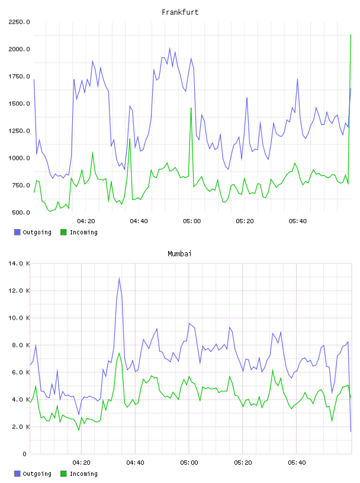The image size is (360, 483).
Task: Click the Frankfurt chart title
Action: click(180, 12)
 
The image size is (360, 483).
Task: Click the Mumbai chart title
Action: click(179, 254)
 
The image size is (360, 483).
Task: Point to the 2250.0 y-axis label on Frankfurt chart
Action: click(19, 22)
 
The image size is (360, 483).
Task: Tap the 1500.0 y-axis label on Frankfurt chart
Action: click(19, 104)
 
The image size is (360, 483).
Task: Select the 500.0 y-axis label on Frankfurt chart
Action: click(21, 212)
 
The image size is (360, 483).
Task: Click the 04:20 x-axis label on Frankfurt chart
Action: click(86, 221)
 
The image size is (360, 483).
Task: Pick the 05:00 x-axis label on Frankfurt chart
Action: click(192, 221)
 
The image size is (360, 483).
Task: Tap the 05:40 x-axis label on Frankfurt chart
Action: click(298, 221)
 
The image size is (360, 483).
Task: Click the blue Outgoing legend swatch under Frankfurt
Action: click(17, 232)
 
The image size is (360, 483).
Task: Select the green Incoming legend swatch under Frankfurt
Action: click(63, 232)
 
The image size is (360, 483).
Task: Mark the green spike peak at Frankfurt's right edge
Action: click(351, 34)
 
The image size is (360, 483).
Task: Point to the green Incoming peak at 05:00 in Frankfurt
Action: click(191, 108)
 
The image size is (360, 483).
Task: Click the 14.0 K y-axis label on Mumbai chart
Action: click(19, 263)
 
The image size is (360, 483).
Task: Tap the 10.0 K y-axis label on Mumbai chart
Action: click(19, 318)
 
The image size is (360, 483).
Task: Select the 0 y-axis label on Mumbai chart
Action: click(25, 454)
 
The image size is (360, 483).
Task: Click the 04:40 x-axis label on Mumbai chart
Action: click(136, 463)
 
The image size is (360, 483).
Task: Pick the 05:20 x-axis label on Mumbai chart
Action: click(243, 463)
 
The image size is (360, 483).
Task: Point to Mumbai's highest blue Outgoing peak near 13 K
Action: click(119, 278)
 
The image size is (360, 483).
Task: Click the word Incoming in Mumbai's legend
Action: click(83, 474)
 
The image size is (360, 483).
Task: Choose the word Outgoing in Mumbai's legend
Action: click(37, 474)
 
